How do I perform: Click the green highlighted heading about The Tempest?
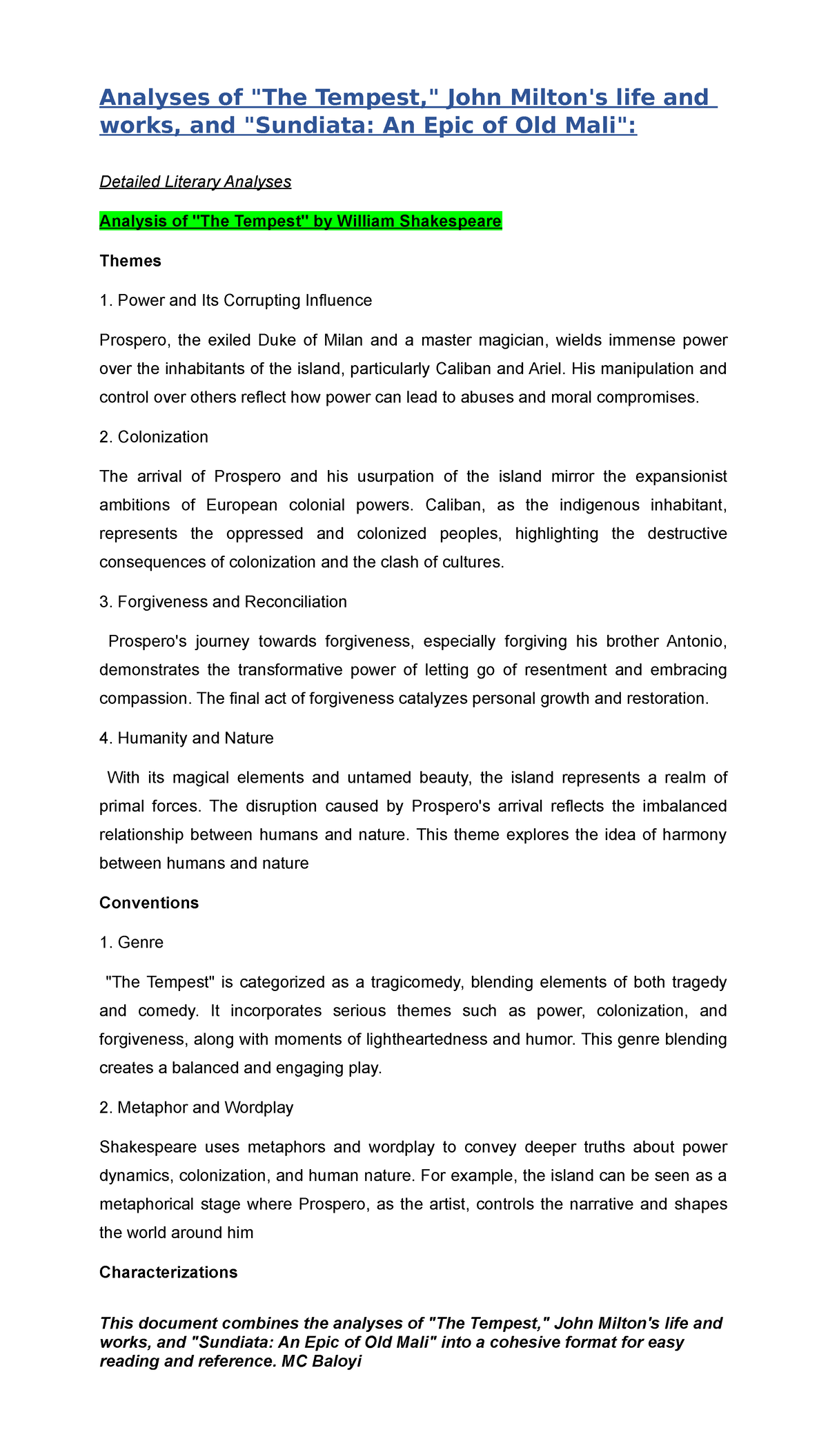click(x=300, y=222)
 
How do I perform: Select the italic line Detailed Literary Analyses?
click(x=195, y=182)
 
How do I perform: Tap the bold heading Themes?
click(x=130, y=261)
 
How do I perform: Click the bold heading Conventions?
click(x=149, y=903)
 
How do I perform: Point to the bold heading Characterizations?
click(x=168, y=1273)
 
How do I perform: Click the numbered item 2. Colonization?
click(x=154, y=437)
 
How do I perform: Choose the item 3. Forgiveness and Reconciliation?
click(x=223, y=602)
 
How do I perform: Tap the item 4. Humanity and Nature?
click(x=186, y=738)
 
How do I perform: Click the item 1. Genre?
click(x=131, y=943)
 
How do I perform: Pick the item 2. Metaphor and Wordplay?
click(x=196, y=1108)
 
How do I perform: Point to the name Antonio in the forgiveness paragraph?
click(x=696, y=642)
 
